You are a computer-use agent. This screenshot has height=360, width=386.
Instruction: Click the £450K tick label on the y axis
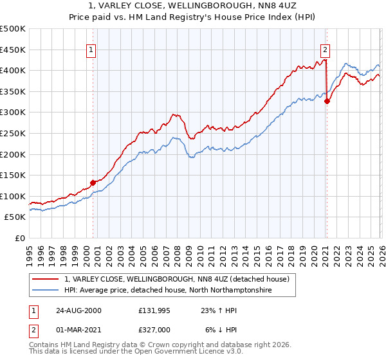click(13, 50)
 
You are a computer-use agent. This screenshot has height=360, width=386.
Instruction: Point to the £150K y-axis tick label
click(13, 175)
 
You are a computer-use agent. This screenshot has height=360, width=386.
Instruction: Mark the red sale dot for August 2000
click(93, 183)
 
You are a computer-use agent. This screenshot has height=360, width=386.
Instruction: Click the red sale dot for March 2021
click(327, 101)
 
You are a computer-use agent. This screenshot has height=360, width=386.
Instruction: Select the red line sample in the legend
click(46, 279)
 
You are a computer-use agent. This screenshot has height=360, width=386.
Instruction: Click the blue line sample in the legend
click(46, 291)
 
